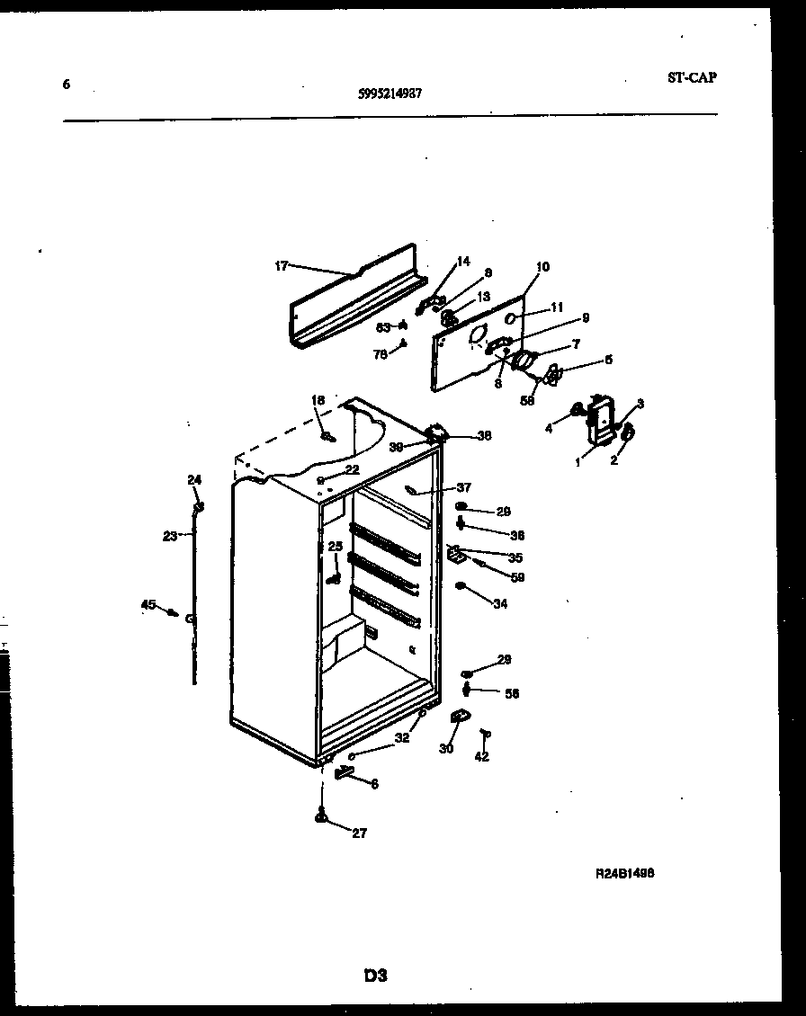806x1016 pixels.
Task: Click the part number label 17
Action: coord(281,265)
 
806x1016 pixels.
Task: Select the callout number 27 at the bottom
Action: coord(359,833)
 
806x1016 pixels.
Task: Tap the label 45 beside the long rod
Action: coord(148,605)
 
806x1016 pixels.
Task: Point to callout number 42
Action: coord(481,757)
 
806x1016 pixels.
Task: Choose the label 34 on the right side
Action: coord(499,604)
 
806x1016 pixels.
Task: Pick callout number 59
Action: coord(517,577)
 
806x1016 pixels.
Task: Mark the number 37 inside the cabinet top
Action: coord(463,487)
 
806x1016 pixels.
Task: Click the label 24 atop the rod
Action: coord(194,479)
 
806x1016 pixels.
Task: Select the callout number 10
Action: coord(542,267)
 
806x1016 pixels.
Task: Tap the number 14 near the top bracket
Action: coord(463,262)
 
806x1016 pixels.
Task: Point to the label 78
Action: coord(380,354)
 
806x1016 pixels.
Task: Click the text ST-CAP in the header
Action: coord(692,77)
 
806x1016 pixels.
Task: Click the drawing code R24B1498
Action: coord(624,872)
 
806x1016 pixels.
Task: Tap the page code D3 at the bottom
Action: coord(375,975)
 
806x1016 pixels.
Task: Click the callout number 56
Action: coord(512,693)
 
